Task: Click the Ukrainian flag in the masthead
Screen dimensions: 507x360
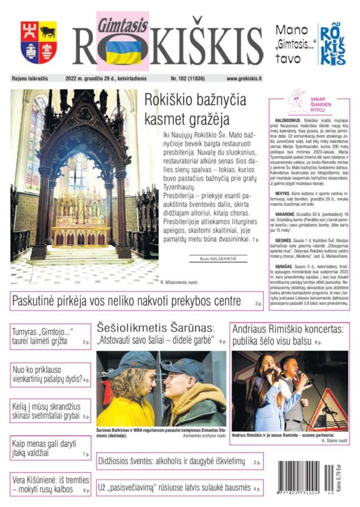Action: tap(123, 52)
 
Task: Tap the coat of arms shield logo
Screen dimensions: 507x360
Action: tap(39, 42)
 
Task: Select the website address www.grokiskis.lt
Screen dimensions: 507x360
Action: tap(244, 79)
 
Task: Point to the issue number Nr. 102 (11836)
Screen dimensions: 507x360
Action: tap(188, 79)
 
